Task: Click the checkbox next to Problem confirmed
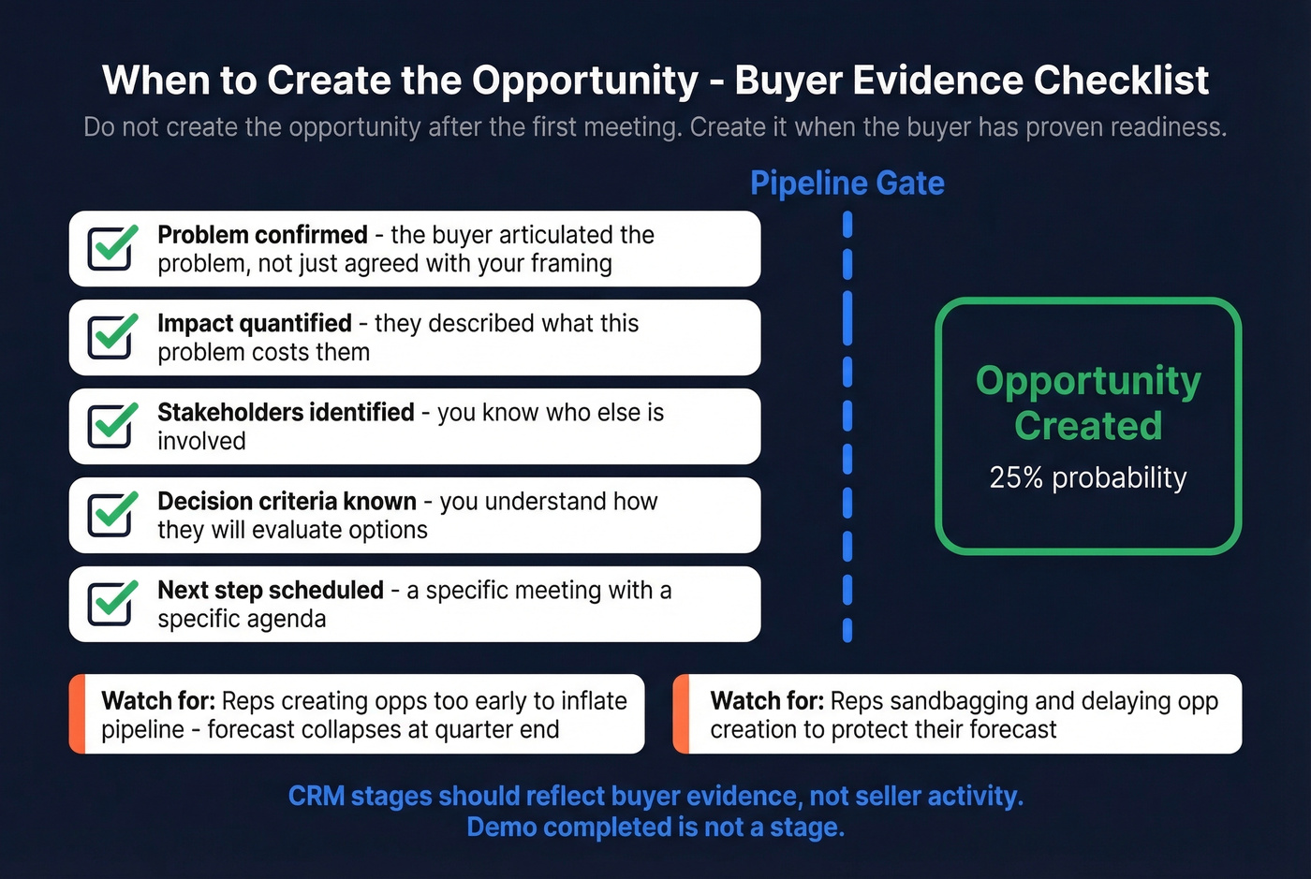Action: click(110, 249)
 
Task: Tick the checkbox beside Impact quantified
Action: click(110, 338)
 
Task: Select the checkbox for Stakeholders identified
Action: click(110, 427)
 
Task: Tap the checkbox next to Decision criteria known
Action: click(110, 515)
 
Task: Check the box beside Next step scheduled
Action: click(110, 604)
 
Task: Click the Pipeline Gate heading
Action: click(847, 183)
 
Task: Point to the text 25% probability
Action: click(1088, 477)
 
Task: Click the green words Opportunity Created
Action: click(1088, 403)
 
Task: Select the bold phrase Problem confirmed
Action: click(262, 235)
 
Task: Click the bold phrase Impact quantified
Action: click(255, 324)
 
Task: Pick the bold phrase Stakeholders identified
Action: click(286, 413)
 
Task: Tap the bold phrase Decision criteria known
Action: click(287, 502)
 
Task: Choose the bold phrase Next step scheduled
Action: click(271, 591)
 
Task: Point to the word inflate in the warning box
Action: click(590, 701)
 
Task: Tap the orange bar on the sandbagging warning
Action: click(682, 714)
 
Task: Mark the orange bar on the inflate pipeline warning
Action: click(77, 714)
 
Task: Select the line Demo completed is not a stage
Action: click(655, 828)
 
